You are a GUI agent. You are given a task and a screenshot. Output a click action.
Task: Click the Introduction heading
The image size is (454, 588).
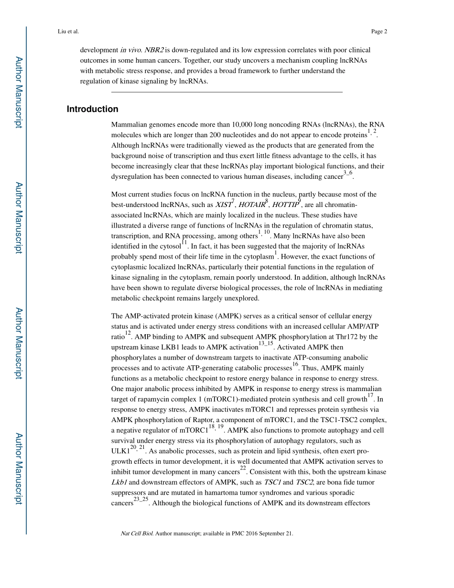tap(92, 109)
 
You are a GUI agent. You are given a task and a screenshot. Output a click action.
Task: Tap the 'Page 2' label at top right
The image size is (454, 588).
tap(379, 32)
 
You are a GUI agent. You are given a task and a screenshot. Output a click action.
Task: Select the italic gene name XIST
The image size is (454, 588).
tap(223, 205)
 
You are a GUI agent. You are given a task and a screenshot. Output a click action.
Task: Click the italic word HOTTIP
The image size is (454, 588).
tap(285, 205)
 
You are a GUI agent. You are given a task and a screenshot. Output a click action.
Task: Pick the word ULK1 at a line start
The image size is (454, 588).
tap(120, 451)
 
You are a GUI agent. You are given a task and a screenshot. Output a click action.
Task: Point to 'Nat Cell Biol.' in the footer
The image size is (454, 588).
tap(137, 534)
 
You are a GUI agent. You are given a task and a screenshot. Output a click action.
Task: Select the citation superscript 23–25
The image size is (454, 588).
tap(141, 500)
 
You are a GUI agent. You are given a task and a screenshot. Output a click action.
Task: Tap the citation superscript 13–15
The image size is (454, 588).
tap(266, 344)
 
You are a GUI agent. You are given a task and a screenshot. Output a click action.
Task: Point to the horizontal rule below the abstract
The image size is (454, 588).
tap(227, 92)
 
